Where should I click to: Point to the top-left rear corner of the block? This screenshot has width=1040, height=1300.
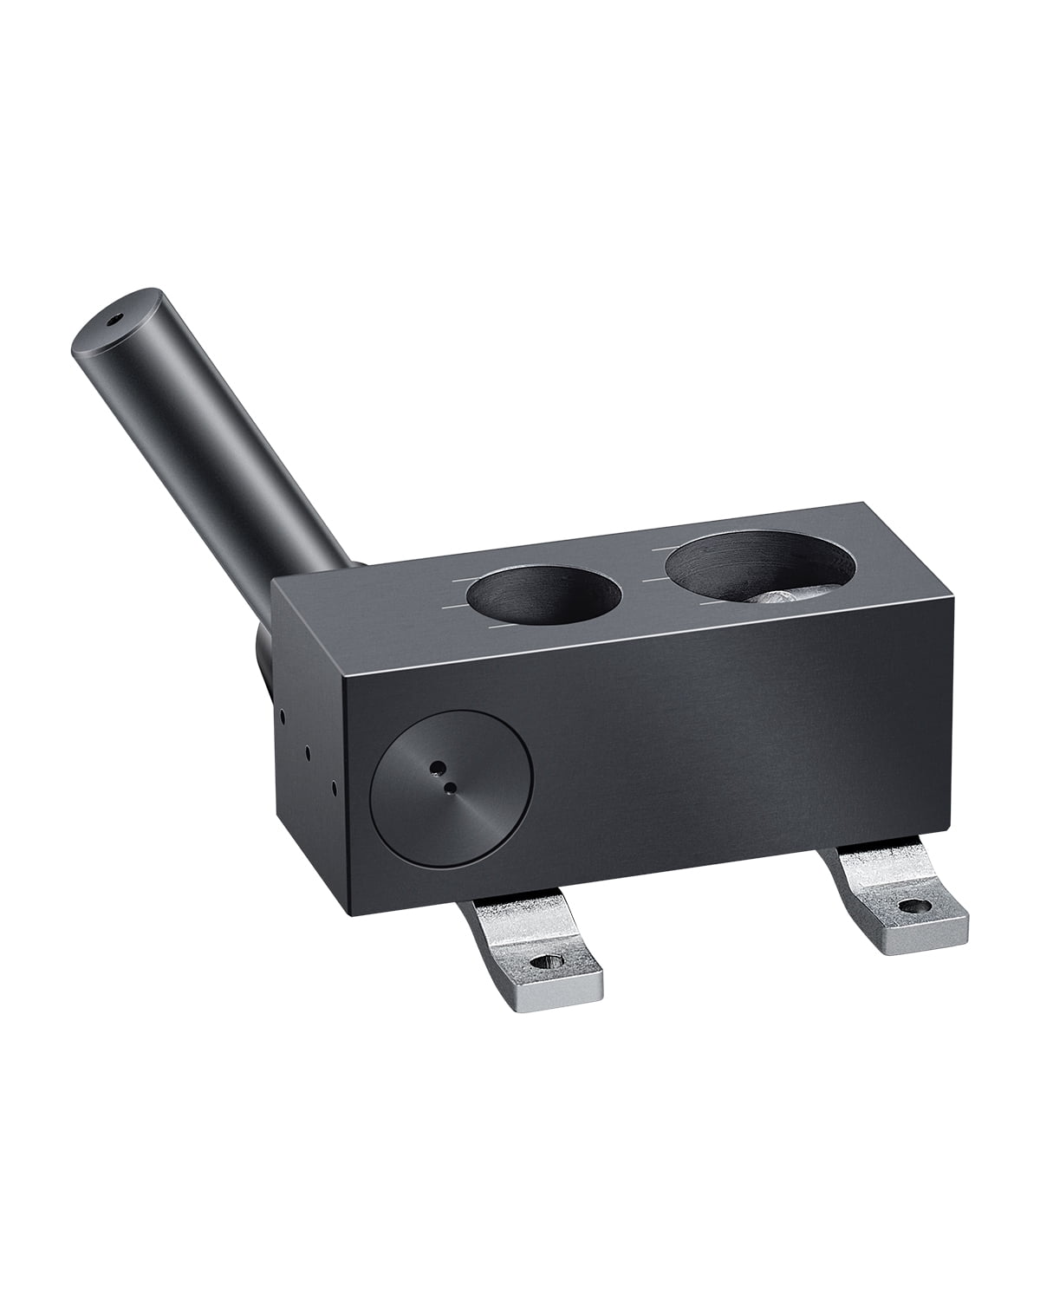273,581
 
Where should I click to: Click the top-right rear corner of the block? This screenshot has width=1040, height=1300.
867,502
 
